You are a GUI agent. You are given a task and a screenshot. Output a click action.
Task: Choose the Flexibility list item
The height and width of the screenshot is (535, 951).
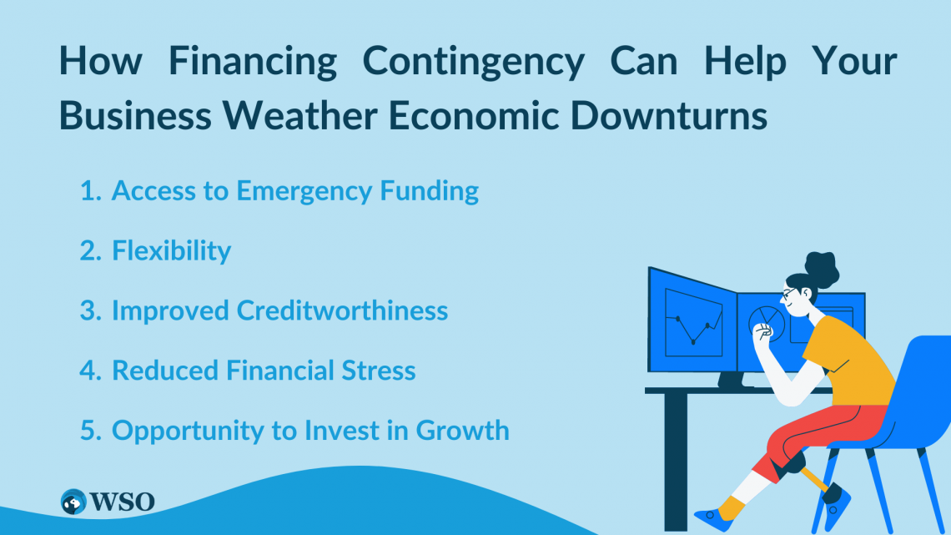click(171, 250)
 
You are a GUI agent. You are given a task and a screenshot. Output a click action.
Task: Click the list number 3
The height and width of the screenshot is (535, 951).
click(88, 310)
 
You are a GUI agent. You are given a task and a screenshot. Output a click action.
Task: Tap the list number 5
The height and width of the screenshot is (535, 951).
click(88, 430)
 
